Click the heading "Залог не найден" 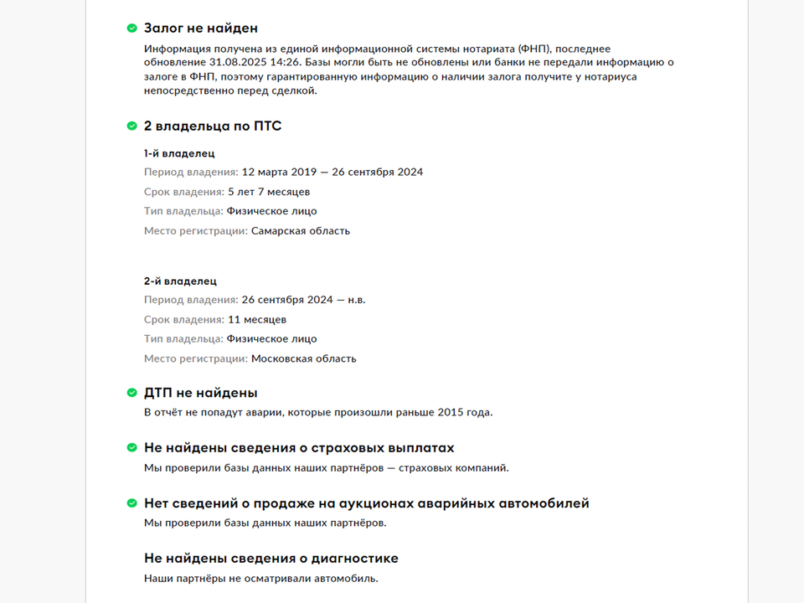(200, 28)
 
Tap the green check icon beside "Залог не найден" (131, 28)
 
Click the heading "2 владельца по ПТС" (213, 126)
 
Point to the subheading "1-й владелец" (179, 153)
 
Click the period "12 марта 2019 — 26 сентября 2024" (332, 173)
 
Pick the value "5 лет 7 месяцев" (269, 192)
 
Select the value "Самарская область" (301, 230)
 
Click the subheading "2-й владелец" (180, 281)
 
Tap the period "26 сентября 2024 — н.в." (303, 300)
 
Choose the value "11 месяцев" (257, 319)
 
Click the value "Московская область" (304, 358)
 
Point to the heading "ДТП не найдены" (200, 392)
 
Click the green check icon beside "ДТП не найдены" (131, 392)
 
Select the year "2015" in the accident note (450, 412)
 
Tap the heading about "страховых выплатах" (299, 447)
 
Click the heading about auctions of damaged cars (366, 503)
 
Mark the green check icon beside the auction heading (131, 503)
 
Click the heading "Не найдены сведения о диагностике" (271, 558)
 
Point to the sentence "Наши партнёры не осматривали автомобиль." (261, 579)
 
